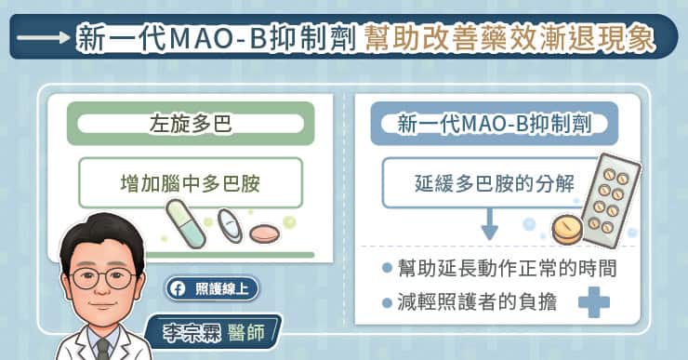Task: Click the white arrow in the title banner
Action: coord(43,37)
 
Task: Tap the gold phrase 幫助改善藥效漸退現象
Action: coord(510,38)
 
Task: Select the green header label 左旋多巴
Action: coord(191,124)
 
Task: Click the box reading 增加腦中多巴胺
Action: coord(191,182)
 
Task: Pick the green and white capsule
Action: coord(186,223)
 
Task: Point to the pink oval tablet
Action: coord(264,233)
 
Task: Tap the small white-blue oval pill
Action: coord(230,225)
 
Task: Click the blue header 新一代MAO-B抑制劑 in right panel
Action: coord(494,124)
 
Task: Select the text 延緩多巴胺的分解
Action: coord(494,183)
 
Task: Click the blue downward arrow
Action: coord(489,224)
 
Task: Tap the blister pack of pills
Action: coord(611,199)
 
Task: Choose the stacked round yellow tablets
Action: coord(567,229)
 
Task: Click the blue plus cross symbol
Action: coord(594,302)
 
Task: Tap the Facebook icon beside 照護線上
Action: coord(179,289)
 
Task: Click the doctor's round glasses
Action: coord(103,278)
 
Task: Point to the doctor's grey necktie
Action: coord(102,349)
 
